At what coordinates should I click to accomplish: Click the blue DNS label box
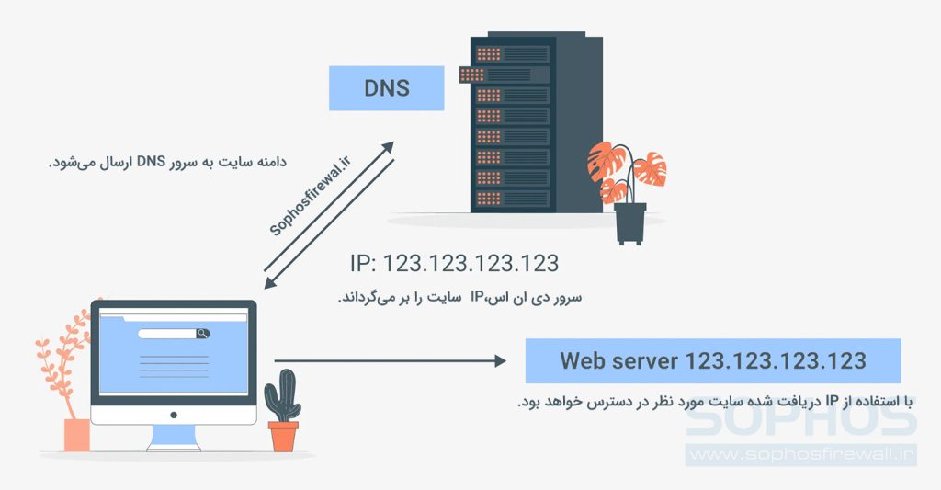tap(387, 89)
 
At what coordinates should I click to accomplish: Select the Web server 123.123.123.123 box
tap(712, 360)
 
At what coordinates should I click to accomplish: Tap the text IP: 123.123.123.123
tap(454, 264)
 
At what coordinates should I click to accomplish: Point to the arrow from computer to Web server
tap(390, 361)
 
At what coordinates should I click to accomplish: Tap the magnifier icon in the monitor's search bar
tap(200, 334)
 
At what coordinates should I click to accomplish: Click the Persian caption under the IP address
tap(459, 298)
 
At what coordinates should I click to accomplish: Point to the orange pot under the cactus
tap(283, 436)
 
